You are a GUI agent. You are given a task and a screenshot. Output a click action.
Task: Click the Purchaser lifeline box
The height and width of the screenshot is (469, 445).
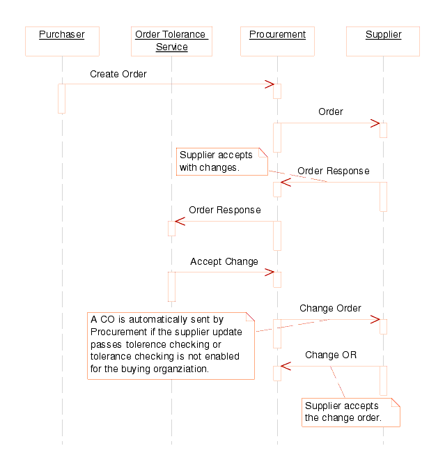click(61, 41)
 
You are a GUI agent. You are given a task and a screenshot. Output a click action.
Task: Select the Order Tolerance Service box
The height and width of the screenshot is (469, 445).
click(171, 41)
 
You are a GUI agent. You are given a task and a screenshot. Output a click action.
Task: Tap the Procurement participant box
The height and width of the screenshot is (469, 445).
click(277, 41)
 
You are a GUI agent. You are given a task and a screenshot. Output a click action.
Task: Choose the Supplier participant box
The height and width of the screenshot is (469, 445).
click(383, 41)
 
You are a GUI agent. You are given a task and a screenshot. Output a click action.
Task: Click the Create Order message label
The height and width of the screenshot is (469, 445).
click(118, 74)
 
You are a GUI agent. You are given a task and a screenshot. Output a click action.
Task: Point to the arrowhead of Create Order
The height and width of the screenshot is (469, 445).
click(270, 84)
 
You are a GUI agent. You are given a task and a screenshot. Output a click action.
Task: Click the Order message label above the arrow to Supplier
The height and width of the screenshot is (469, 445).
click(331, 112)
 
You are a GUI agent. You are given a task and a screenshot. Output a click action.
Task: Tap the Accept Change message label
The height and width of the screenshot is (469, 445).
click(224, 261)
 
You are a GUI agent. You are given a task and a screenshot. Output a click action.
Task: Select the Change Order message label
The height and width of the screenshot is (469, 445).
click(330, 308)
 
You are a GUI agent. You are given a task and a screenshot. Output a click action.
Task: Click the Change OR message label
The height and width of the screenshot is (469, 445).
click(331, 355)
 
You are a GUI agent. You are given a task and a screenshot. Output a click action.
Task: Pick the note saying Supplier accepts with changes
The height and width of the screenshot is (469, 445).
click(221, 161)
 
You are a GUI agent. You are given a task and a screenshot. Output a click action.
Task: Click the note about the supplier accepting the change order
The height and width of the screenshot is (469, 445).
click(350, 412)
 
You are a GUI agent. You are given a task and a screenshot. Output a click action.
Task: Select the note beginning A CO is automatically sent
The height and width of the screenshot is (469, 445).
click(171, 345)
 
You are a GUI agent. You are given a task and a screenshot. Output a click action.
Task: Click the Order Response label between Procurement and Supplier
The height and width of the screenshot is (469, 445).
click(334, 171)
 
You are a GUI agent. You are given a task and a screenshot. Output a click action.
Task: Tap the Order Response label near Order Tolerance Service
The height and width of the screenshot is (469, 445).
click(225, 210)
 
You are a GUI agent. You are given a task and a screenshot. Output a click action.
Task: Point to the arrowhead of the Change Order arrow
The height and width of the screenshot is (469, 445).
click(375, 319)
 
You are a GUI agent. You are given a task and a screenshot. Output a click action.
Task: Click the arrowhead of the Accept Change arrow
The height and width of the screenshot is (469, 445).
click(270, 272)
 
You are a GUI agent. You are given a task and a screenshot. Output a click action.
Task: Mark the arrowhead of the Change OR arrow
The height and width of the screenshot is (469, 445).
click(285, 366)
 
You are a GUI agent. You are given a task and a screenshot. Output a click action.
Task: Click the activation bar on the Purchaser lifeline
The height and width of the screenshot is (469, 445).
click(61, 98)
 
